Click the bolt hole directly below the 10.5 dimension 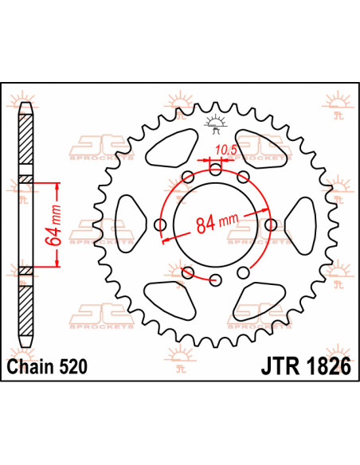[x=216, y=169]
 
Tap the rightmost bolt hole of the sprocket [x=270, y=225]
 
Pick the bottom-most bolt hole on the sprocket [x=216, y=279]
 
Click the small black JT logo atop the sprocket [x=213, y=122]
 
